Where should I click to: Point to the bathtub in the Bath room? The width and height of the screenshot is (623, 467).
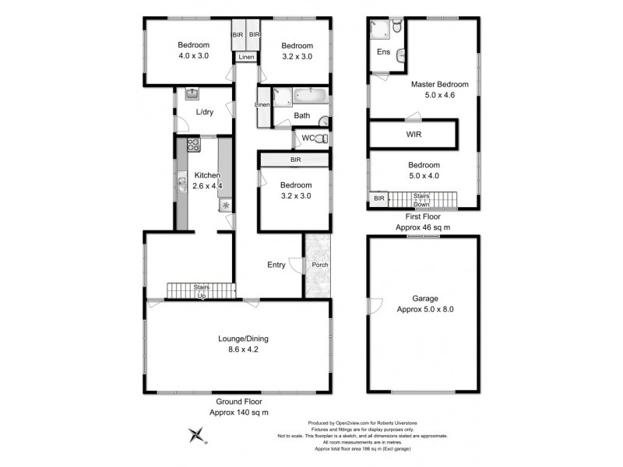[x=308, y=98]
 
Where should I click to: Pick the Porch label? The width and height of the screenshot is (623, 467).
[x=319, y=265]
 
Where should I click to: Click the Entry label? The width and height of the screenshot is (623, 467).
[x=276, y=265]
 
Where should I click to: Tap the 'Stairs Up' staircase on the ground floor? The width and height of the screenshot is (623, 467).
[x=201, y=291]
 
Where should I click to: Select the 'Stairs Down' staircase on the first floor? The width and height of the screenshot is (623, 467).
[x=421, y=200]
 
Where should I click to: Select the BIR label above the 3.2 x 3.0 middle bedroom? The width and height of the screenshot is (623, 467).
[x=295, y=160]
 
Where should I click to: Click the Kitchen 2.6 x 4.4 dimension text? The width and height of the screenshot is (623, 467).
[x=209, y=187]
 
